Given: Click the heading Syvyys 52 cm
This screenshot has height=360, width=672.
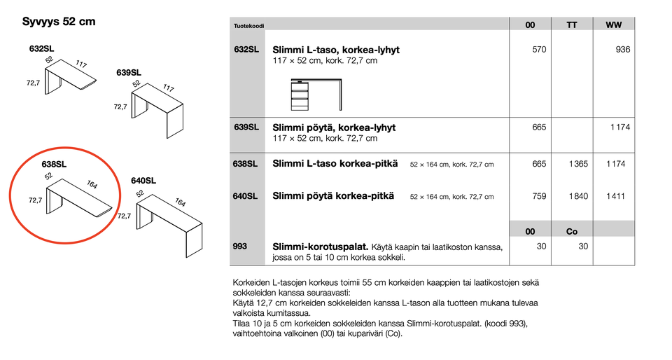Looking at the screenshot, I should (59, 22).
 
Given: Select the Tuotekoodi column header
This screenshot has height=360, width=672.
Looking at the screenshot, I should (248, 26).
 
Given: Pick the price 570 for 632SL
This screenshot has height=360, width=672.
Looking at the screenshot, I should (539, 50).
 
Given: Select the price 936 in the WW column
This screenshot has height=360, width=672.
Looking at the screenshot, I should (623, 50).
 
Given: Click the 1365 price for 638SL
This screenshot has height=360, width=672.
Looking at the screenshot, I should (578, 164).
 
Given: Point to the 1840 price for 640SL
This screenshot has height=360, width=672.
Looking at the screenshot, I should (578, 196).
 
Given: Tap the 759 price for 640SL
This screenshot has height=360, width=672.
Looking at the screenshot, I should (539, 196).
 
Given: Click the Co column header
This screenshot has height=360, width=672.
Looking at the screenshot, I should (572, 231).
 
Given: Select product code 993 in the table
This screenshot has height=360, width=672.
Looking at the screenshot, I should (240, 247).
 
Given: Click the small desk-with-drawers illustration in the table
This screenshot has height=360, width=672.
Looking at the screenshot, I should (317, 95).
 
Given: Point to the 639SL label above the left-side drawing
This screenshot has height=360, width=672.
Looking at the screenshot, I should (129, 72).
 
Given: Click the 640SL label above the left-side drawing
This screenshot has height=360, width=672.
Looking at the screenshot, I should (143, 180).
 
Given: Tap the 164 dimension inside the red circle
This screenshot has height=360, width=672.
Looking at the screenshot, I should (92, 184).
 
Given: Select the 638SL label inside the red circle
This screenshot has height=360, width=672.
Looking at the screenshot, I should (54, 165).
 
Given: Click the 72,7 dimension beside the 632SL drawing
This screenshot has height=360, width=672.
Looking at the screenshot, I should (33, 83).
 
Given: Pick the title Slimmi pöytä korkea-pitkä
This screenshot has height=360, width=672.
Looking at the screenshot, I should (332, 196).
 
